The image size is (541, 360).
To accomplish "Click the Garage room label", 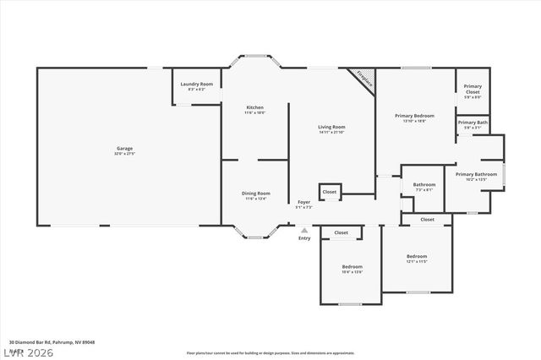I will click(124, 150).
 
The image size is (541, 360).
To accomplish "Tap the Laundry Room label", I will click(198, 85).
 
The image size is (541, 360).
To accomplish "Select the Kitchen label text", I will click(255, 109).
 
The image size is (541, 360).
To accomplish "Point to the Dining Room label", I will click(256, 194).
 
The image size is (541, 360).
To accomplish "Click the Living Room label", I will click(332, 128).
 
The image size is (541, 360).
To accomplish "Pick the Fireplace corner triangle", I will click(363, 79).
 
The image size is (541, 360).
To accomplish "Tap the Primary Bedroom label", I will click(414, 117).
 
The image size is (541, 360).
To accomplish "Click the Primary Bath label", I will click(473, 123).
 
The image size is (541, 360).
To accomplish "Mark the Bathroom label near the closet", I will click(424, 186).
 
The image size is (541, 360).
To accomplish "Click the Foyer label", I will click(303, 204).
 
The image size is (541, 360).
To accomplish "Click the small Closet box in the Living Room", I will click(330, 192).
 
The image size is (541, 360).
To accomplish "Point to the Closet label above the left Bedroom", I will click(342, 232).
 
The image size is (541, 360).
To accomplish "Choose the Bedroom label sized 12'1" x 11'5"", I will click(417, 258).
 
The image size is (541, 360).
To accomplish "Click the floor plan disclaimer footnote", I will click(270, 352).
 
